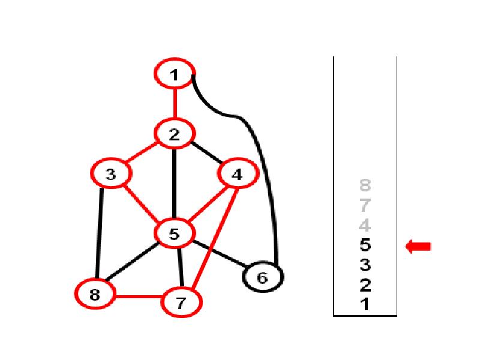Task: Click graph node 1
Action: (x=175, y=74)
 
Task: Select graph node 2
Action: (x=174, y=134)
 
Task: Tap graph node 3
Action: (x=110, y=175)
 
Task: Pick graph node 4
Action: (x=238, y=175)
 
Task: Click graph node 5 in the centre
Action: (x=174, y=233)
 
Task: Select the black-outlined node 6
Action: (x=263, y=278)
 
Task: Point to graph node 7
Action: (x=182, y=302)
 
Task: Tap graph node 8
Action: (x=94, y=295)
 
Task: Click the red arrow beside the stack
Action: (x=419, y=246)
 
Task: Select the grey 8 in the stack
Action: (x=365, y=185)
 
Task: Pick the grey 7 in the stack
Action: (x=365, y=206)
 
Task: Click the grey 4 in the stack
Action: (x=365, y=226)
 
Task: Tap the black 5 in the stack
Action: (x=365, y=245)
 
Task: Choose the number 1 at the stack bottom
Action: (x=365, y=304)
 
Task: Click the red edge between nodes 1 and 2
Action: (x=175, y=104)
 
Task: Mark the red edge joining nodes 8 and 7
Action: (x=138, y=296)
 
